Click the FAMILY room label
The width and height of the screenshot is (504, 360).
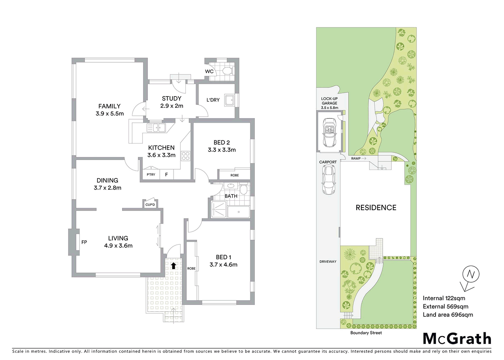[109, 106]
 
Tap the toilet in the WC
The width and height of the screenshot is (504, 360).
[227, 70]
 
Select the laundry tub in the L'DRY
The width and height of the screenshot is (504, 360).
[229, 100]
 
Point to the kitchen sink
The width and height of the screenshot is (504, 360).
[156, 127]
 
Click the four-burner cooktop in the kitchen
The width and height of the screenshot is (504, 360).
[185, 156]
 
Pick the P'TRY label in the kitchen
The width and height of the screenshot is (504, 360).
[151, 175]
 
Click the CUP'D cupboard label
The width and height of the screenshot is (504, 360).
[150, 205]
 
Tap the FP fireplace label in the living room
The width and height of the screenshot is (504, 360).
[84, 242]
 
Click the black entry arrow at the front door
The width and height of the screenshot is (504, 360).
[174, 266]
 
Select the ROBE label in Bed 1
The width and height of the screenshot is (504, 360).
[192, 269]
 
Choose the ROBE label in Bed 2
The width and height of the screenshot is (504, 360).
[235, 175]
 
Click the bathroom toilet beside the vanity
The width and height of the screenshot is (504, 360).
[243, 189]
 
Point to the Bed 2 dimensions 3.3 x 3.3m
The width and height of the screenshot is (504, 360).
[222, 150]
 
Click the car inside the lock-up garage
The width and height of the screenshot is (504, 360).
[329, 132]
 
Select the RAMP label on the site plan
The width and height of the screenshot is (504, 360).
[356, 158]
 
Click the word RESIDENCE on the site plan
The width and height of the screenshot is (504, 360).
[376, 208]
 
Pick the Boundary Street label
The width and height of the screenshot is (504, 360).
[366, 333]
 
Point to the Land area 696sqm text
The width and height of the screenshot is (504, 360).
[448, 315]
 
